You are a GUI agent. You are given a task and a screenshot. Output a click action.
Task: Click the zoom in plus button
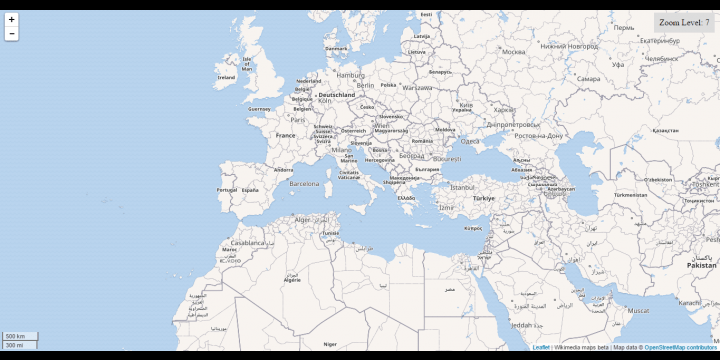[12, 19]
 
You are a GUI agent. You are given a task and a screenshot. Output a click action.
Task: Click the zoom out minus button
[12, 33]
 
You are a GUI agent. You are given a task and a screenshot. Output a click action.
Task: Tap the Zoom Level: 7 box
[684, 22]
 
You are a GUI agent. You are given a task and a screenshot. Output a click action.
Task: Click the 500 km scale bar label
[15, 336]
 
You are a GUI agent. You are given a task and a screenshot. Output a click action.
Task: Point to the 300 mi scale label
[14, 345]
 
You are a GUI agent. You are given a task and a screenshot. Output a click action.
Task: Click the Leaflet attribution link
[541, 347]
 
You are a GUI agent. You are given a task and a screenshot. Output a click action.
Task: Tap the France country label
[286, 135]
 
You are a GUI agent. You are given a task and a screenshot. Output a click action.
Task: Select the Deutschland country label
[337, 95]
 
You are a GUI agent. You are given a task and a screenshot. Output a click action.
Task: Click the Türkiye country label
[484, 198]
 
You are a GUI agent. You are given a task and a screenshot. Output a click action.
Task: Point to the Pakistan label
[701, 265]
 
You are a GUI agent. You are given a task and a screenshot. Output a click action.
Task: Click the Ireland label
[226, 77]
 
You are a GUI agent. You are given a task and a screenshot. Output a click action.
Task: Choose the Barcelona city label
[304, 184]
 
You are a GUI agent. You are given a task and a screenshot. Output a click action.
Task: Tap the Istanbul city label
[462, 187]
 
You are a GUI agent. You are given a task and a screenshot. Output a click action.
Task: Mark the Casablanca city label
[248, 242]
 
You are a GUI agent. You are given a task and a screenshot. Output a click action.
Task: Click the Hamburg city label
[351, 74]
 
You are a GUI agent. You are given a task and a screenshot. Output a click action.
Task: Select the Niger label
[330, 343]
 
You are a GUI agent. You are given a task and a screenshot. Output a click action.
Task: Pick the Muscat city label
[637, 310]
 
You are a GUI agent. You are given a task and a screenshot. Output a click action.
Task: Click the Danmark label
[336, 48]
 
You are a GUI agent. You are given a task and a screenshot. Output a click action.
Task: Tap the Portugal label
[227, 189]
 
